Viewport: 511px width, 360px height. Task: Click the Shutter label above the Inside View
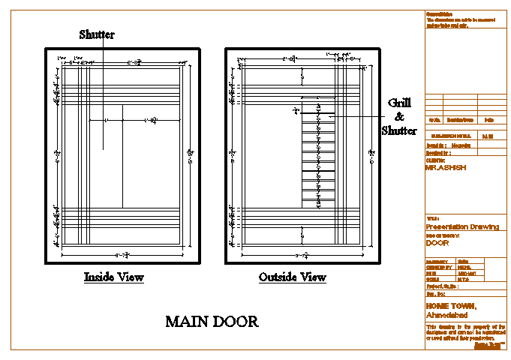97,34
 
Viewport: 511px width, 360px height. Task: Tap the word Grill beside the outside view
398,103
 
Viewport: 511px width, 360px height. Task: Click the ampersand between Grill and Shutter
399,117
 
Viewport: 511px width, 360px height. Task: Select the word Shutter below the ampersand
399,130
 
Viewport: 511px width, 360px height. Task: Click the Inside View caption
113,277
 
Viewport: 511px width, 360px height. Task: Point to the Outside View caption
293,277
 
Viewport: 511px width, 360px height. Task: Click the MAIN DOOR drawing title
212,322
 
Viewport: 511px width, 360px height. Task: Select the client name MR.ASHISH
445,168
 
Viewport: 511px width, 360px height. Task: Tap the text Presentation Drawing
461,226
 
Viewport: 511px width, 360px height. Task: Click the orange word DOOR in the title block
437,243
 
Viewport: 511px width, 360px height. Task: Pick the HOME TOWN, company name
450,306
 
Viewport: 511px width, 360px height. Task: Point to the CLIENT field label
435,160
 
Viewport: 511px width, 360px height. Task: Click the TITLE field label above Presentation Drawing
431,219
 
